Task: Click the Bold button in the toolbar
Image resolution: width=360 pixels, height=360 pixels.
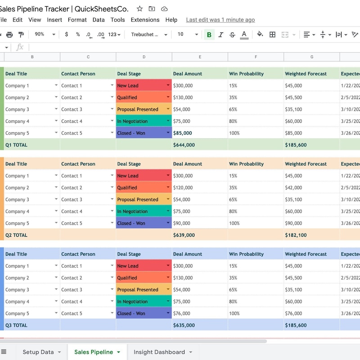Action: click(x=209, y=35)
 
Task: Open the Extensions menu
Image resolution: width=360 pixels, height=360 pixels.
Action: click(x=145, y=20)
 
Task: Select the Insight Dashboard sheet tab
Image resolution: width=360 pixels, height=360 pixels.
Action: click(x=159, y=352)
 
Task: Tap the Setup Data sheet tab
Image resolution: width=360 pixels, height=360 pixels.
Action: click(x=38, y=352)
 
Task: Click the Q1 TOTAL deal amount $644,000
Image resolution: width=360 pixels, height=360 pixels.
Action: click(x=184, y=145)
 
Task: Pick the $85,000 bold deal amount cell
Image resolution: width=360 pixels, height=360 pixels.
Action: click(x=183, y=133)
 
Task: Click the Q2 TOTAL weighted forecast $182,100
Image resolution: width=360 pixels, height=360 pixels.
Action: click(x=296, y=235)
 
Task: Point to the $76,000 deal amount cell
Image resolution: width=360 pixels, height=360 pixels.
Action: click(x=181, y=313)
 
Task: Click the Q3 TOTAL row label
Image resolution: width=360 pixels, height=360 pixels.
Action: click(x=16, y=325)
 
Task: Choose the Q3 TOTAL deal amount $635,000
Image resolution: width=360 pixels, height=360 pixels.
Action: click(x=184, y=325)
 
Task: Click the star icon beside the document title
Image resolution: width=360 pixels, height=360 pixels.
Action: click(x=139, y=9)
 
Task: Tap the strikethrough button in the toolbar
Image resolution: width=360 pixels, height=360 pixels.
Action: click(x=232, y=35)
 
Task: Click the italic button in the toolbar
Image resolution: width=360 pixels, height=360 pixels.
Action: click(x=221, y=35)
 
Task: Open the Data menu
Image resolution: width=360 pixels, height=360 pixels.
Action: click(x=99, y=20)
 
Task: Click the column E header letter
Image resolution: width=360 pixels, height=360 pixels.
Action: click(x=200, y=57)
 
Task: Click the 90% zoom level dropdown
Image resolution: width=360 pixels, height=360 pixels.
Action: click(x=45, y=35)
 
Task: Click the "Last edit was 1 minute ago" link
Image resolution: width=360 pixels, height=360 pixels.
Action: click(x=220, y=20)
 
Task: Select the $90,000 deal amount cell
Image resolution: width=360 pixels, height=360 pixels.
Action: click(x=181, y=223)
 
